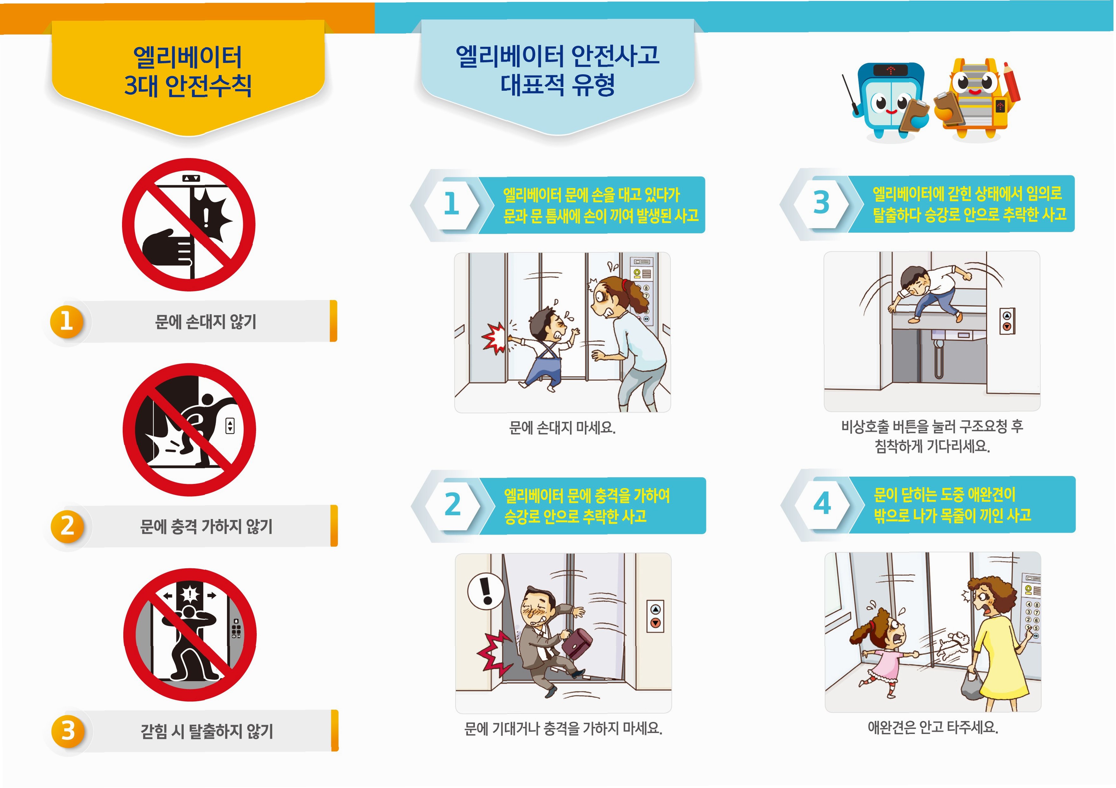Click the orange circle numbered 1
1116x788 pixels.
point(67,321)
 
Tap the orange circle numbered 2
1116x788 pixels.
point(68,526)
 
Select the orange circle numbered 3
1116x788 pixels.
point(68,731)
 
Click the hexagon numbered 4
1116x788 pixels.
point(822,504)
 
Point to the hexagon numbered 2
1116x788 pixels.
point(453,505)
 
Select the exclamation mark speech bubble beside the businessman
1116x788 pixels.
point(486,591)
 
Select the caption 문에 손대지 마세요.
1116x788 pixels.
point(562,428)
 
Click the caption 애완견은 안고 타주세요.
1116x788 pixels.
point(933,728)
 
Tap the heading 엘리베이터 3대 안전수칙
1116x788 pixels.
point(188,71)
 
